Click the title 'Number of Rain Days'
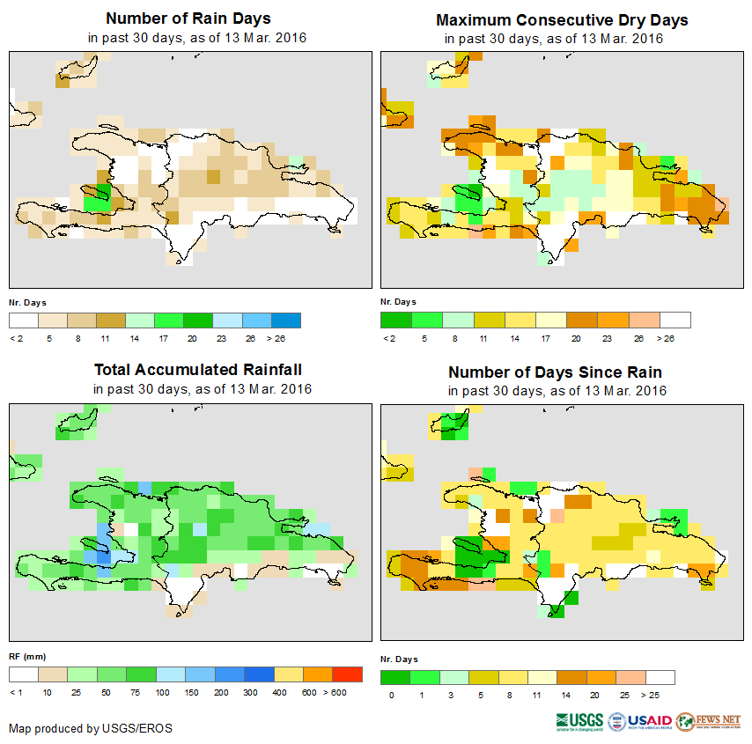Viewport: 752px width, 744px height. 188,18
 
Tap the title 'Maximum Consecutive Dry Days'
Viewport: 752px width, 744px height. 562,20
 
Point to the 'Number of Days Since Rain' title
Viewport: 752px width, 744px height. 555,372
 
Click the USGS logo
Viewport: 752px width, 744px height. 579,721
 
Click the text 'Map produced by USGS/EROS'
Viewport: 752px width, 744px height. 91,728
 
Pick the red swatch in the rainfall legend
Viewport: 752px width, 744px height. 348,674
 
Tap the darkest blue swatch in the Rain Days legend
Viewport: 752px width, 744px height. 286,320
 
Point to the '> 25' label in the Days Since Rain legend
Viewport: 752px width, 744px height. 660,696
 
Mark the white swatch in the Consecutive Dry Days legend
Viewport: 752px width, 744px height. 675,320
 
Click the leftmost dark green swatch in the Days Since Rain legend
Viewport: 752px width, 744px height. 394,677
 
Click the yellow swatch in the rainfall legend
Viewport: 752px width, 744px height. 288,674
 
